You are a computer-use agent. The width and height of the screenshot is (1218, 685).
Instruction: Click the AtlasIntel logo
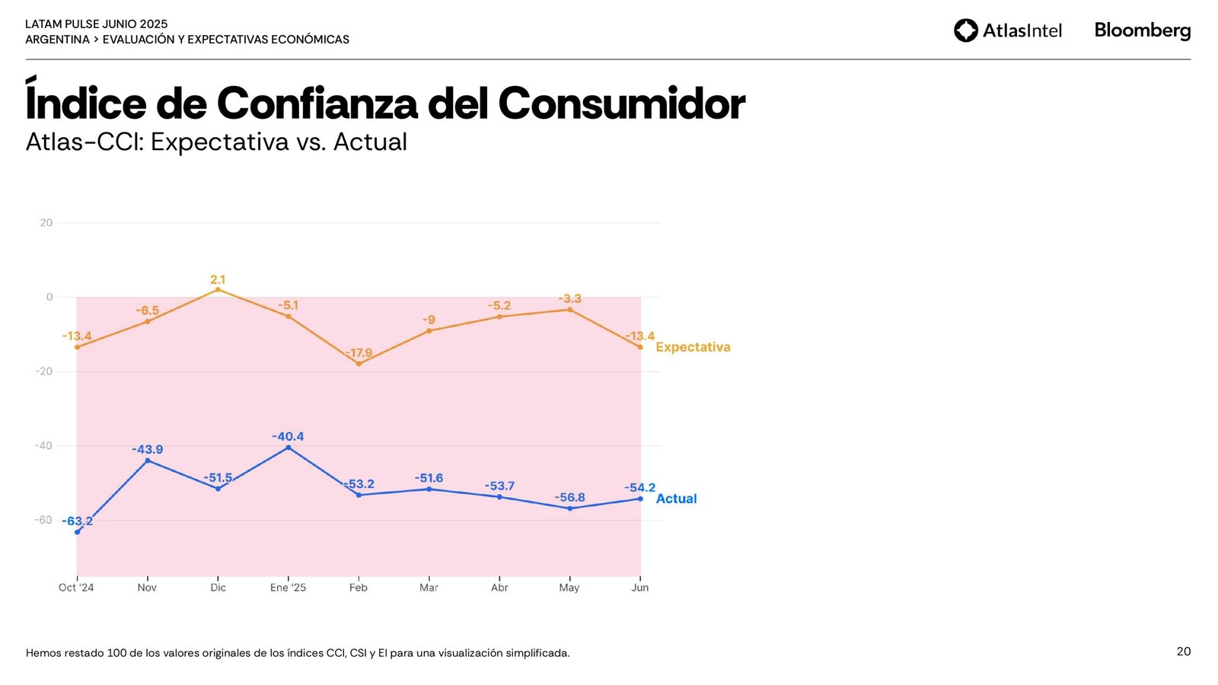(1008, 30)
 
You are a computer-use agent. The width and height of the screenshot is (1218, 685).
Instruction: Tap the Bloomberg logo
(1142, 30)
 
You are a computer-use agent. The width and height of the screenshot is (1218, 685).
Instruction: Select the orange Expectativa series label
(693, 347)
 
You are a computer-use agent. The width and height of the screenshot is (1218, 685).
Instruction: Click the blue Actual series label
(676, 499)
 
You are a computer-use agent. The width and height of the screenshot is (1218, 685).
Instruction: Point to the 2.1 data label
(218, 279)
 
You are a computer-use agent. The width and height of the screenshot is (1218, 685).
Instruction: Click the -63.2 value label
(78, 521)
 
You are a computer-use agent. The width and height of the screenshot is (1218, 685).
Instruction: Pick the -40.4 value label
(288, 436)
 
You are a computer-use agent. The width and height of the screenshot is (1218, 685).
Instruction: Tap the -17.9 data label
(359, 353)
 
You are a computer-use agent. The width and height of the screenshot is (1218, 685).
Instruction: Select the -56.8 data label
(569, 497)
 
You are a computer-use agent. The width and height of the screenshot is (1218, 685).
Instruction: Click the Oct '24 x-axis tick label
(76, 588)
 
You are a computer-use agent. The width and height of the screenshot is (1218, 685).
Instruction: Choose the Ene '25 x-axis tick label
(288, 588)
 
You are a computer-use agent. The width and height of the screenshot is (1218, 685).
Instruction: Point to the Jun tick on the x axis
(640, 588)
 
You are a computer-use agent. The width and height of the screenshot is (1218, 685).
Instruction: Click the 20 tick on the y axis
(46, 222)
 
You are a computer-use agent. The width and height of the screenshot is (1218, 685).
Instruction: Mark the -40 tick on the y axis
(43, 445)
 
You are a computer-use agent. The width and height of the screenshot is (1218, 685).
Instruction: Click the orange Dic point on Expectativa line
(218, 289)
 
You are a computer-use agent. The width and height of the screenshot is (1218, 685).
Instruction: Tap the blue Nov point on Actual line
(148, 460)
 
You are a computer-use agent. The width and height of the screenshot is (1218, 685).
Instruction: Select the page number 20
(1183, 652)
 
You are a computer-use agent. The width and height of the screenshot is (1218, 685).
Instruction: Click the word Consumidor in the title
(621, 104)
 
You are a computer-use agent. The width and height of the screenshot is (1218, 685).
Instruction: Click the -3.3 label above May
(569, 298)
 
